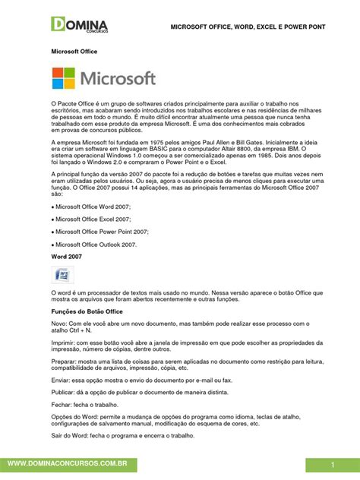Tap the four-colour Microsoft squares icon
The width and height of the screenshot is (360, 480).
(x=65, y=80)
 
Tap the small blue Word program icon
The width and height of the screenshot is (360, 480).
(x=58, y=274)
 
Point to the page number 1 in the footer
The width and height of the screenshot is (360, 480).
(x=333, y=463)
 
